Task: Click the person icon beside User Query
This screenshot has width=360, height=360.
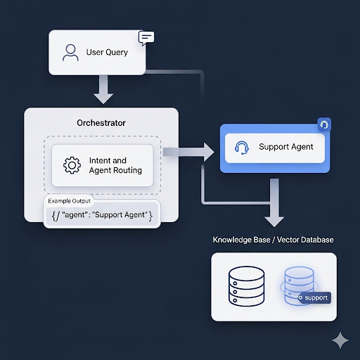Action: [70, 53]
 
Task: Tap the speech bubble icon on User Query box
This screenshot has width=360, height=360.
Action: [146, 38]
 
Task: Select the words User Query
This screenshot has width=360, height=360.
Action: [107, 52]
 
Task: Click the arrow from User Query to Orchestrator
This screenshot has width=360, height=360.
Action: [103, 89]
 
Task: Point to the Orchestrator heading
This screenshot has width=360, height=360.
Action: [101, 123]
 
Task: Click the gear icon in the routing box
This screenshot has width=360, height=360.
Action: [72, 165]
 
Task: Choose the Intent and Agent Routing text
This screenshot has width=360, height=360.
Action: [115, 165]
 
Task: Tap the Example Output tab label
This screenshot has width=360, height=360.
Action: [70, 201]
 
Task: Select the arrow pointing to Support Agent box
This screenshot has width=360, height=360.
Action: [188, 152]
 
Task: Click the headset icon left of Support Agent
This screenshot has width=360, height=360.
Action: [242, 148]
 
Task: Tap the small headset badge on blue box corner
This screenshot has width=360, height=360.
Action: [324, 124]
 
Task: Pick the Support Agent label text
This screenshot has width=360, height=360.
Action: [286, 147]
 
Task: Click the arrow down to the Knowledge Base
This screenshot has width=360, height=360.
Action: [274, 202]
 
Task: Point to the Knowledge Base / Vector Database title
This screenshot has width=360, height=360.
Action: [274, 240]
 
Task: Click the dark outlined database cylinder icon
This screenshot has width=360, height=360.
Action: [246, 286]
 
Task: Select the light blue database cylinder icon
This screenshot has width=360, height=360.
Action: [299, 286]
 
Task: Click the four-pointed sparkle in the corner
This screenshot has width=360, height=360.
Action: [340, 340]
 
